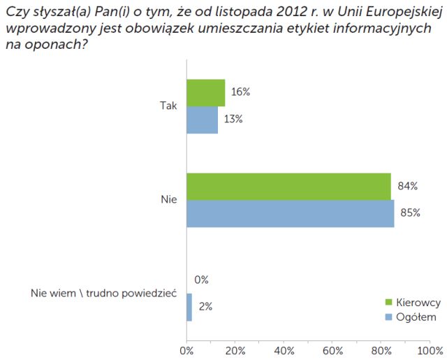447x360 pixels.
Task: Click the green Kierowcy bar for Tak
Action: click(x=205, y=92)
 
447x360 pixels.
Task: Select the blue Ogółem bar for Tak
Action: click(x=202, y=119)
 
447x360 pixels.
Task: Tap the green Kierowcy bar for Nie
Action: click(x=288, y=186)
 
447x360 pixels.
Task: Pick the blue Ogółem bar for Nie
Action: click(x=290, y=213)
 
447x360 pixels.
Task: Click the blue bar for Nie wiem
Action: click(x=189, y=307)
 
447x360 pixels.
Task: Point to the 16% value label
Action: click(x=241, y=92)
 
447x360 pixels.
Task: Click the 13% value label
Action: click(x=233, y=119)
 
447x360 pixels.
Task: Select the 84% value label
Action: click(x=408, y=186)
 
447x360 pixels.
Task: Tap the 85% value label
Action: click(x=410, y=213)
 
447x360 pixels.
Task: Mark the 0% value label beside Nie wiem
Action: click(x=202, y=280)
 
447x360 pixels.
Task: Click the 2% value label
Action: click(x=205, y=307)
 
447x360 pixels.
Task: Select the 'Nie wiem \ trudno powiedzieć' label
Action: click(x=104, y=293)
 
